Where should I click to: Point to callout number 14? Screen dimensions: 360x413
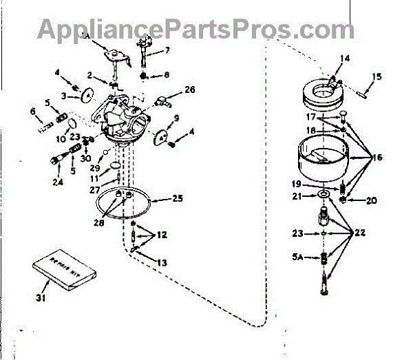click(x=345, y=59)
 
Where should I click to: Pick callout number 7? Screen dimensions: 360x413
click(x=166, y=50)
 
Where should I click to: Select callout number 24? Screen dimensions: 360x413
click(x=56, y=182)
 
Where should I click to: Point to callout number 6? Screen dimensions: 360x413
click(x=32, y=111)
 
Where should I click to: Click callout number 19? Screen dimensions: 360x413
click(x=298, y=184)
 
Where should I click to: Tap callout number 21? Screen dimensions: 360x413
click(x=298, y=197)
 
